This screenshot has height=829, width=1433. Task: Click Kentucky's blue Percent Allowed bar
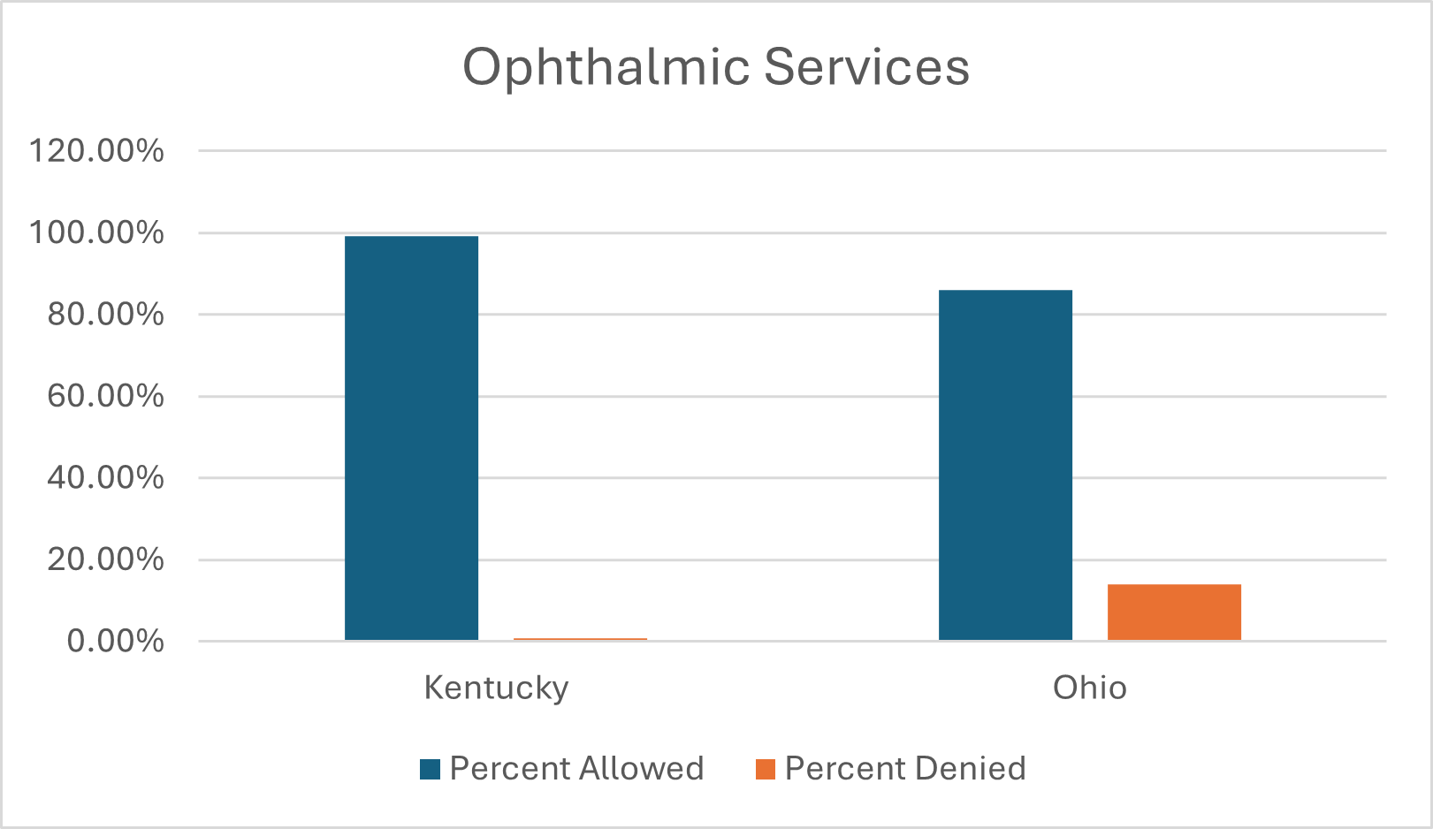pos(411,437)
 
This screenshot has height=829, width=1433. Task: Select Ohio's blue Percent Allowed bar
pos(1005,464)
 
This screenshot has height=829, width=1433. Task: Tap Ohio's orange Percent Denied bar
pos(1174,612)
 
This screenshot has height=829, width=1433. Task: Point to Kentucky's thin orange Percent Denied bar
pos(580,639)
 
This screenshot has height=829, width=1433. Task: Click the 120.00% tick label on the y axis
pos(96,150)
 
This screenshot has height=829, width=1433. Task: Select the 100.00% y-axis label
pos(96,232)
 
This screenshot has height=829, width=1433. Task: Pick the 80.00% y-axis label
pos(105,314)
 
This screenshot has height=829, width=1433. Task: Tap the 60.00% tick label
pos(105,395)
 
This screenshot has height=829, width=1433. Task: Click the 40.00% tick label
pos(105,477)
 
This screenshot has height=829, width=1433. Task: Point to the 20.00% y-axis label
pos(105,559)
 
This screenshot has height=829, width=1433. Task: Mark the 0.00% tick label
pos(115,641)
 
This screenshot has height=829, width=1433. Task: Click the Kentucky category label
pos(496,688)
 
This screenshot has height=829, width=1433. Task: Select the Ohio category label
pos(1089,688)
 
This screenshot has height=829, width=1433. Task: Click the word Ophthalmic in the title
pos(606,67)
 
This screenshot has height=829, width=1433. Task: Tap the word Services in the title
pos(866,67)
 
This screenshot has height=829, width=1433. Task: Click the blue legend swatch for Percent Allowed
pos(431,769)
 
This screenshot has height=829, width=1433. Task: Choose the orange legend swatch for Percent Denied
pos(766,769)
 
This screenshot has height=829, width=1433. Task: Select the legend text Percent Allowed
pos(576,769)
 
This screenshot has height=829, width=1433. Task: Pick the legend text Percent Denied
pos(905,769)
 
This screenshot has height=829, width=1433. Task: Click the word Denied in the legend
pos(971,769)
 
